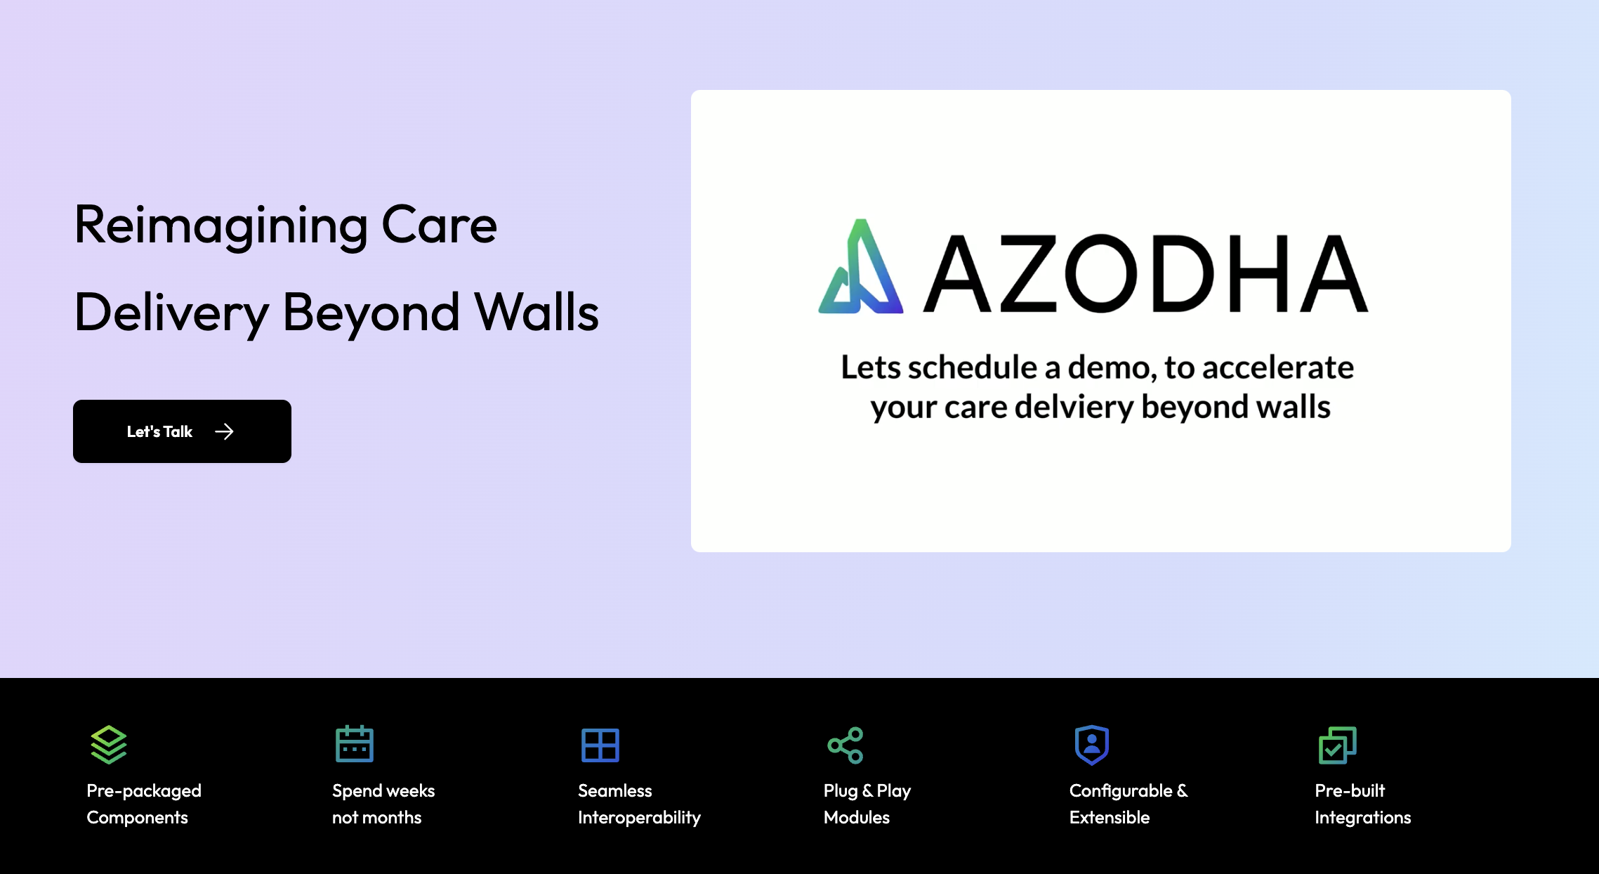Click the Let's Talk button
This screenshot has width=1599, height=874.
coord(182,431)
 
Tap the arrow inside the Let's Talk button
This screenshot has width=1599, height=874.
coord(224,431)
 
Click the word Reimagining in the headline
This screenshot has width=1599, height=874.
coord(221,226)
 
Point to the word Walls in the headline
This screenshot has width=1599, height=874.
coord(537,313)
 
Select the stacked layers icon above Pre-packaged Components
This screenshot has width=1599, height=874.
coord(109,745)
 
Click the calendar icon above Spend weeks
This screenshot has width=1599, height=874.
coord(355,745)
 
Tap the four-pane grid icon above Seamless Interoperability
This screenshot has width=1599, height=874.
coord(600,745)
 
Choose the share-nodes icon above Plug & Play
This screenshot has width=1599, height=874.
coord(845,745)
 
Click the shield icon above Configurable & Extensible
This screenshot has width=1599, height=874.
coord(1092,745)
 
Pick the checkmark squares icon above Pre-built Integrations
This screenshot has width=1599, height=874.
coord(1337,745)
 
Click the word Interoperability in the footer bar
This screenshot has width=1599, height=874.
coord(639,818)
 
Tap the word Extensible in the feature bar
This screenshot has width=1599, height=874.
coord(1110,817)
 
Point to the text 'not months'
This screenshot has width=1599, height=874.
coord(377,817)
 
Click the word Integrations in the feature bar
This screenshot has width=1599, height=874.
coord(1363,817)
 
